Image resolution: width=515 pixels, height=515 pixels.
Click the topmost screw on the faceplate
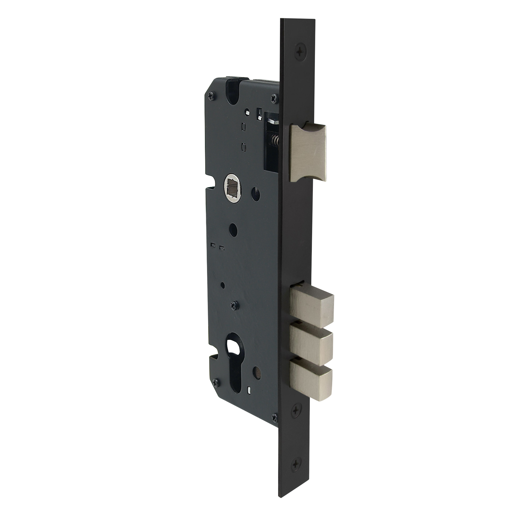click(x=301, y=50)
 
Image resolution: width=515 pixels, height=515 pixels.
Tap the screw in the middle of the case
click(x=235, y=304)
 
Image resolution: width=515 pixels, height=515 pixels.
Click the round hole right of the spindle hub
click(x=255, y=191)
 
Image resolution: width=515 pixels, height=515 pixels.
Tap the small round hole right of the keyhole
click(x=257, y=377)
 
